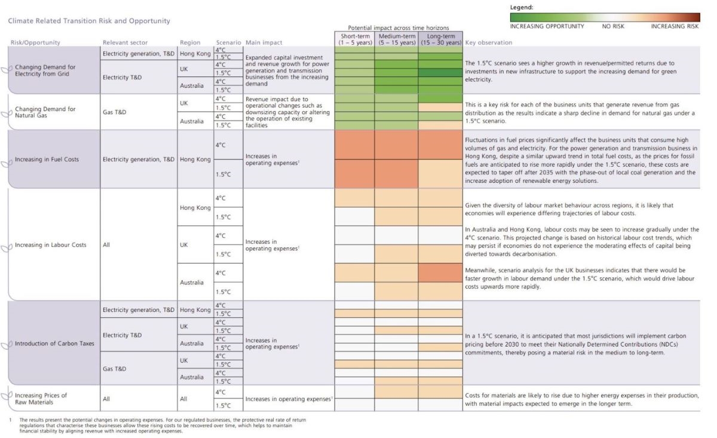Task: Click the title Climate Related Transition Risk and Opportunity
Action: click(89, 21)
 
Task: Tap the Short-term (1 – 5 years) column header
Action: click(355, 39)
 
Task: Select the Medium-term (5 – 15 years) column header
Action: click(397, 39)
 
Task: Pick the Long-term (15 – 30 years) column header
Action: click(441, 39)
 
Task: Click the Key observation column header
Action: click(489, 42)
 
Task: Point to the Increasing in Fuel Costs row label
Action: click(47, 160)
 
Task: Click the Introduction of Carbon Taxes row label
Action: click(54, 344)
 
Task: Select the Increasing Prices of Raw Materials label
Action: click(41, 399)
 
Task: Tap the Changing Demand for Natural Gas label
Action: click(45, 112)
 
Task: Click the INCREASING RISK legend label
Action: click(675, 26)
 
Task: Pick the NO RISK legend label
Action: click(613, 26)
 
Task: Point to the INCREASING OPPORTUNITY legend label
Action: click(547, 26)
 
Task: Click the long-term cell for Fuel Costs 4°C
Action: click(440, 145)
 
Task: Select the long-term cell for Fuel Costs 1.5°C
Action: click(440, 174)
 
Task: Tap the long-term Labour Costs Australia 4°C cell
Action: click(440, 273)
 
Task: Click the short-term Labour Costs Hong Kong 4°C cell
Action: click(355, 198)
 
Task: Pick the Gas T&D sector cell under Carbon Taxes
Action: click(114, 369)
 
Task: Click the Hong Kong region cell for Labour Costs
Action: click(195, 207)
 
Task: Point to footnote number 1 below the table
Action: click(11, 419)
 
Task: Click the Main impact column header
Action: click(263, 42)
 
